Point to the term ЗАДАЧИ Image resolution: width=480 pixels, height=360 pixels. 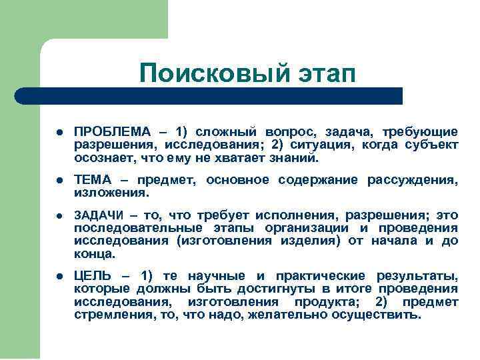98,215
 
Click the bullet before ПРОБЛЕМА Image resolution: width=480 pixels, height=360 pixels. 59,132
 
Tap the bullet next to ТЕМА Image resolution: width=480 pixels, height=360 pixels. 59,181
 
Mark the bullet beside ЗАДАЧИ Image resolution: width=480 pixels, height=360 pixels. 59,215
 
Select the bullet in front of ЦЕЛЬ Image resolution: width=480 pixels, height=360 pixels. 59,276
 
